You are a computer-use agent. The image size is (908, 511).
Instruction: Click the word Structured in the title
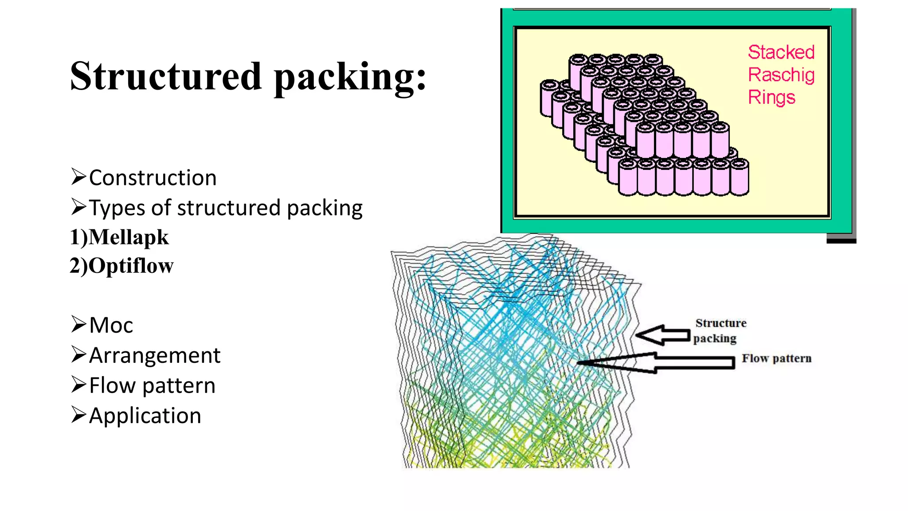click(166, 76)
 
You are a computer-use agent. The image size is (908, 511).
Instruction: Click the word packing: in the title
click(350, 78)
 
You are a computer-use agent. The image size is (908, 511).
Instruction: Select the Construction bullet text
click(153, 178)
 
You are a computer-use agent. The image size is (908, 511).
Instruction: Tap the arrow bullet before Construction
click(78, 177)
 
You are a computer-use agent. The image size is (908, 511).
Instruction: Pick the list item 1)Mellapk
click(119, 237)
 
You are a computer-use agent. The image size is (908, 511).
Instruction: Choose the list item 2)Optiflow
click(121, 266)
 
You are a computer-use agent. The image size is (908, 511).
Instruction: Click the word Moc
click(111, 325)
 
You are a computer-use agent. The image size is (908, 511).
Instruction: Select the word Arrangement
click(154, 355)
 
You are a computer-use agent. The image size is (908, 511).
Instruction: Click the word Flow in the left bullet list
click(112, 385)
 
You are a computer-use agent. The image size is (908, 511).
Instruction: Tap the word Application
click(145, 416)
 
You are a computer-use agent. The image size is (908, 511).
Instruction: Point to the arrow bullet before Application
click(78, 414)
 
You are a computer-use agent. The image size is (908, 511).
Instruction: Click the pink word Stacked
click(781, 52)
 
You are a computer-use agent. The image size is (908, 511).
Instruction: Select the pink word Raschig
click(781, 75)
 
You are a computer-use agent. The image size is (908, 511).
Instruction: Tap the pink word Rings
click(771, 98)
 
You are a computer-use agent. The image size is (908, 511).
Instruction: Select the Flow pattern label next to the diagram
click(776, 358)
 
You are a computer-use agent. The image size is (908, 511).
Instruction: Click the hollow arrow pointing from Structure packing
click(663, 335)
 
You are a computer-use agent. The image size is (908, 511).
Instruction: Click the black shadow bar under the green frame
click(841, 241)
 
